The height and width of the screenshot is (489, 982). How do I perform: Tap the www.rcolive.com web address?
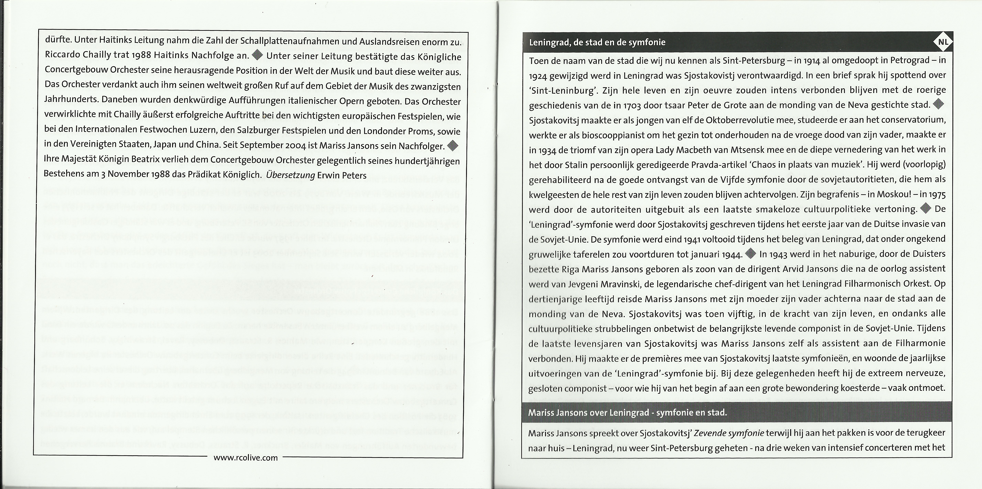246,458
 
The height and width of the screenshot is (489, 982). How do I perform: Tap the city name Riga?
571,269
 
